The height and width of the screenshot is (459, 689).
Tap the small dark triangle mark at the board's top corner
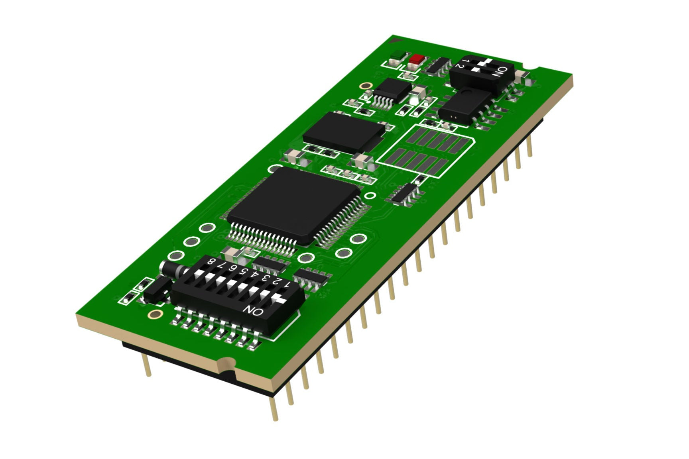pos(396,39)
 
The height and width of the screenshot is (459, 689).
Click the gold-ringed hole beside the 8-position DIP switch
pos(154,314)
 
